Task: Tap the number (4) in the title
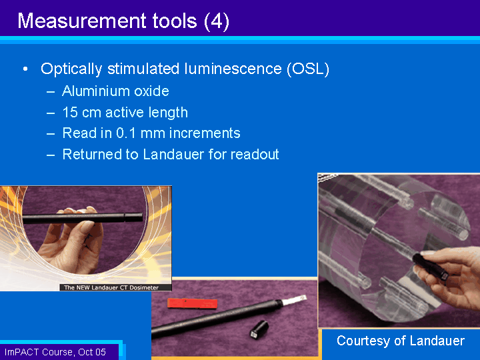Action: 217,21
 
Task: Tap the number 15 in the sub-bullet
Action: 69,112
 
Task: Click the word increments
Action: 203,133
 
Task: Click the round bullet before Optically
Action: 25,69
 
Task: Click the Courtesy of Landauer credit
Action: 400,341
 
